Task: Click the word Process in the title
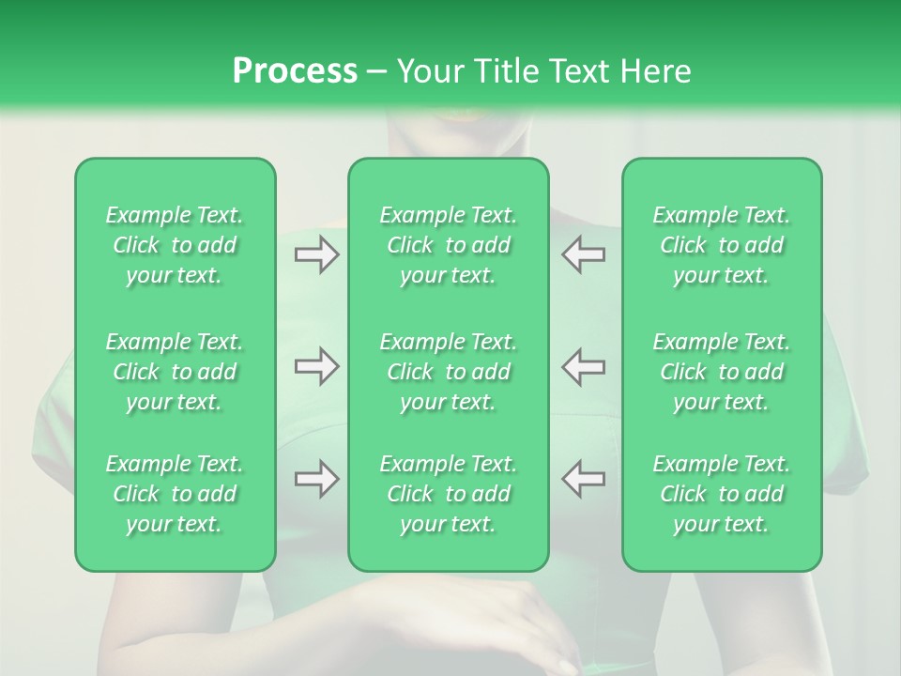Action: click(x=295, y=71)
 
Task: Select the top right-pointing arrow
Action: click(x=317, y=254)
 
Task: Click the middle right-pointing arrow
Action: click(x=317, y=366)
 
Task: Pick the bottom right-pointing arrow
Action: click(x=317, y=479)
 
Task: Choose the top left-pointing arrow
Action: click(x=583, y=254)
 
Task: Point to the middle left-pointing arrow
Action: click(x=583, y=366)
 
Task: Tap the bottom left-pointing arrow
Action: click(x=583, y=479)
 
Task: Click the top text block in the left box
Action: click(x=175, y=245)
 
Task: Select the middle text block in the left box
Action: click(x=175, y=372)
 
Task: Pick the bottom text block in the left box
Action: click(x=175, y=494)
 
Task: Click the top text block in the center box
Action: click(x=449, y=245)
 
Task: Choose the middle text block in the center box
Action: click(x=449, y=372)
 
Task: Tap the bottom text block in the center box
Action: click(x=449, y=494)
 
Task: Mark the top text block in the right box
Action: click(x=722, y=245)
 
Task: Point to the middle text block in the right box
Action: click(x=722, y=372)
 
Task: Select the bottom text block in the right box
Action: click(x=722, y=494)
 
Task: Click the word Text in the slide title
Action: click(x=577, y=71)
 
